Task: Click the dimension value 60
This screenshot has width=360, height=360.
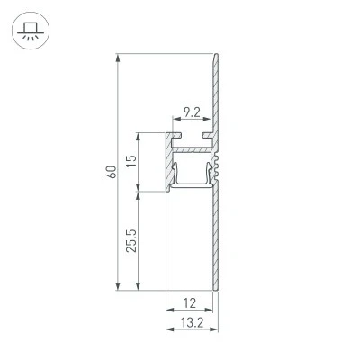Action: [112, 172]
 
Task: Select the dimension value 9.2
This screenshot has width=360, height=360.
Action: [192, 112]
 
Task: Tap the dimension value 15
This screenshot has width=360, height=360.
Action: [131, 161]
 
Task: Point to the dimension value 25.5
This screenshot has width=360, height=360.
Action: [131, 240]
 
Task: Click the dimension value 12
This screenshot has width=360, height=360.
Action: [190, 303]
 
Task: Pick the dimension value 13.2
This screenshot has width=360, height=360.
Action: [192, 323]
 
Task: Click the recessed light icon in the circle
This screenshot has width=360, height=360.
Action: [31, 31]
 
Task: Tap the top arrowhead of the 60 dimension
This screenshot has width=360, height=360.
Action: [118, 58]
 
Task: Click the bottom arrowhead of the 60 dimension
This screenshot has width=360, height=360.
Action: [118, 286]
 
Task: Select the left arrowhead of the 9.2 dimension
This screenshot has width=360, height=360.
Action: [176, 119]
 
